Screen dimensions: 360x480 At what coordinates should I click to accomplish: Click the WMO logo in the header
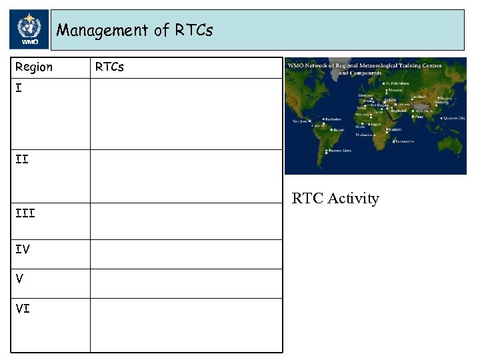pos(29,30)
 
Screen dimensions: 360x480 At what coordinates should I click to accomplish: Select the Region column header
pos(34,67)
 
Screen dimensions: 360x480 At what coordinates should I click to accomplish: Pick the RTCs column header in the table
pos(109,67)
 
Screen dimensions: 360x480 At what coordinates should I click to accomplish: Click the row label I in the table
pos(18,87)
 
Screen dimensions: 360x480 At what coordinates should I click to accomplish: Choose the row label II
pos(21,159)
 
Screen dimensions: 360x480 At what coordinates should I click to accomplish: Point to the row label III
pos(25,213)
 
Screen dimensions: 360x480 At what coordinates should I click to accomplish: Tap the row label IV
pos(22,249)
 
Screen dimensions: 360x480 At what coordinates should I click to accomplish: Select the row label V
pos(19,279)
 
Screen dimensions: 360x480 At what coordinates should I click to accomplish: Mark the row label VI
pos(22,309)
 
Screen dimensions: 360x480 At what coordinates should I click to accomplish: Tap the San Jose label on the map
pos(301,121)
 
